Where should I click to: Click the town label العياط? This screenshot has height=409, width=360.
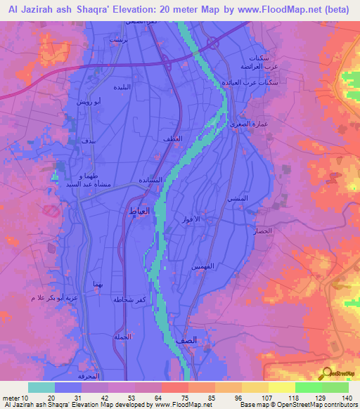pos(137,210)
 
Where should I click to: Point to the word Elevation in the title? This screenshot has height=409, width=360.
pos(137,10)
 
